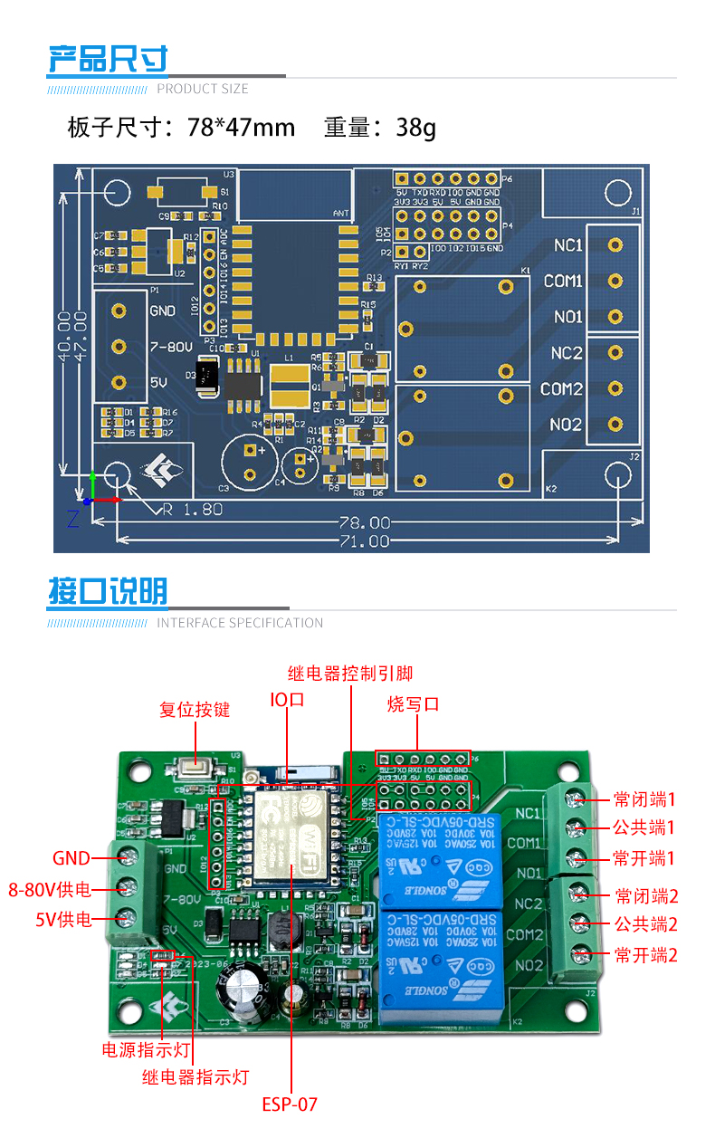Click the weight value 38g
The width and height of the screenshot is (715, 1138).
pyautogui.click(x=415, y=128)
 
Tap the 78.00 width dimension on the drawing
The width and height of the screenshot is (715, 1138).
pyautogui.click(x=365, y=523)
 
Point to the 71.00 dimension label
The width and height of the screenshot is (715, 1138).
pyautogui.click(x=365, y=541)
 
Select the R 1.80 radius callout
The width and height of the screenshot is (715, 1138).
pyautogui.click(x=192, y=509)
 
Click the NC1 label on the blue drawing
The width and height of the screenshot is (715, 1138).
pyautogui.click(x=567, y=245)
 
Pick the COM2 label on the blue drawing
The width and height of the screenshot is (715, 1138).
pyautogui.click(x=562, y=389)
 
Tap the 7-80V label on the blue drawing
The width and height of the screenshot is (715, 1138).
pyautogui.click(x=170, y=347)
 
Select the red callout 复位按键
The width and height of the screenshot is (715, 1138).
pyautogui.click(x=195, y=710)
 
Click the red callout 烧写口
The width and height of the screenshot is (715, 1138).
pyautogui.click(x=413, y=704)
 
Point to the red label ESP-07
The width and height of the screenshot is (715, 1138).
pyautogui.click(x=290, y=1105)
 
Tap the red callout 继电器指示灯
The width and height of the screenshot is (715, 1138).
pyautogui.click(x=195, y=1077)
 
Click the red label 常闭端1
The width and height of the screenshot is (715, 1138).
pyautogui.click(x=644, y=799)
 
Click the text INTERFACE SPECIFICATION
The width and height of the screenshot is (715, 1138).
pyautogui.click(x=240, y=623)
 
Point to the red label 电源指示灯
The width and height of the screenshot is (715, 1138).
pyautogui.click(x=147, y=1050)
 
